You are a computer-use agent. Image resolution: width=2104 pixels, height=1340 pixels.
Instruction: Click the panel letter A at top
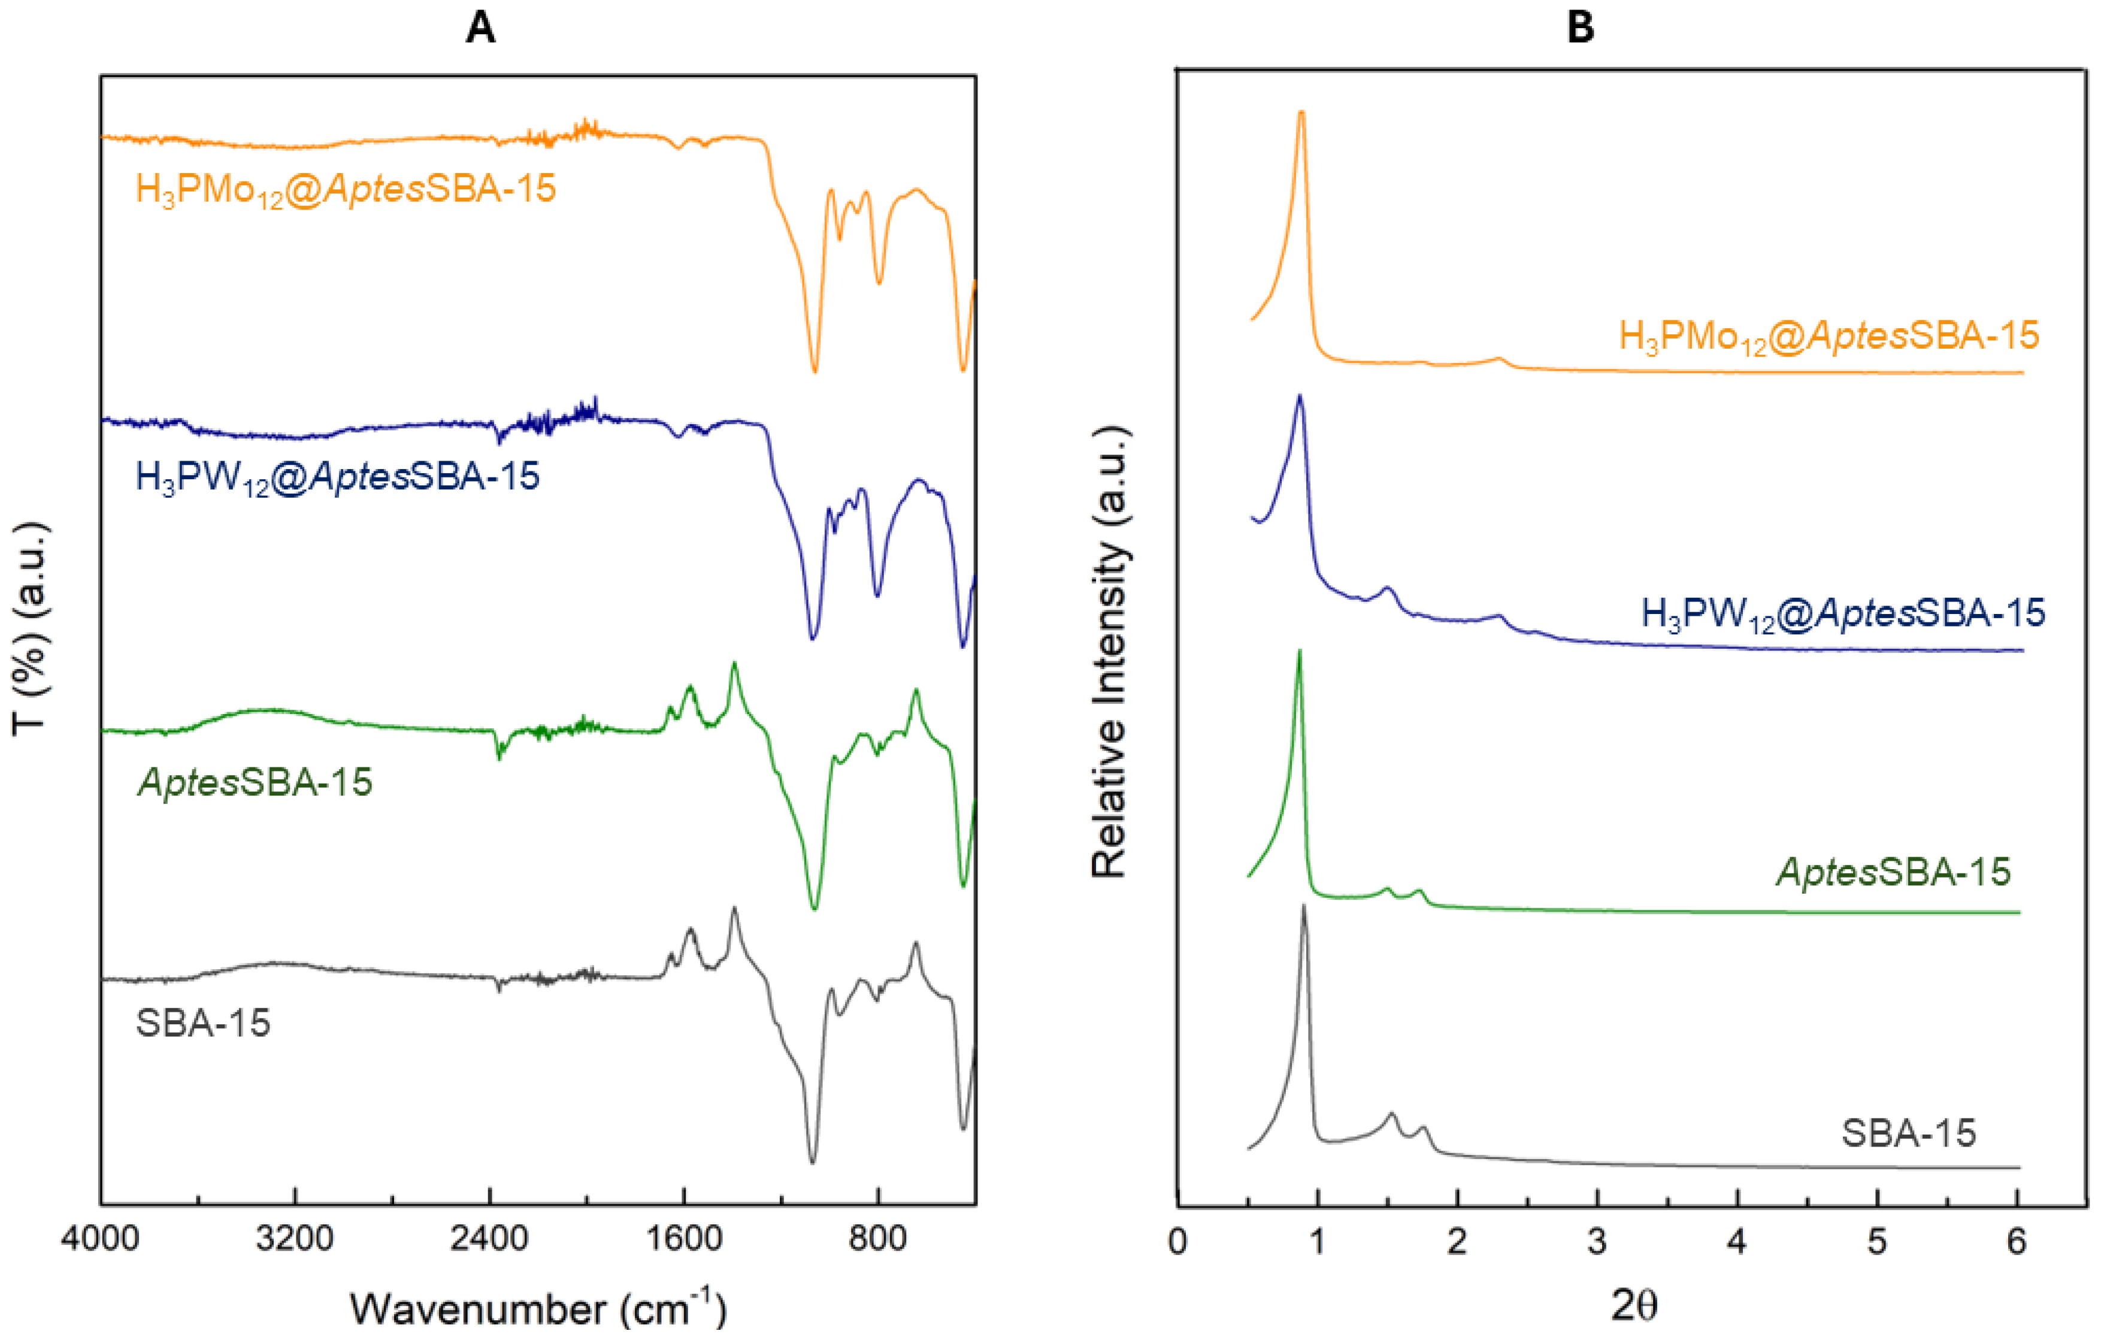[x=480, y=29]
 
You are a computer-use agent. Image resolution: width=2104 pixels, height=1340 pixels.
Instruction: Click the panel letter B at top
[x=1581, y=29]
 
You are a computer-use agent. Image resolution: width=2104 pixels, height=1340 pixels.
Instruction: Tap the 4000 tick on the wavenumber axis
[x=99, y=1239]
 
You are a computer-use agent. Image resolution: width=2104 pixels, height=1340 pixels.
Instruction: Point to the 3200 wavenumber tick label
[x=295, y=1239]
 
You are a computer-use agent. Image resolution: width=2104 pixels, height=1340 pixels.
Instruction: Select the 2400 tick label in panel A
[x=489, y=1239]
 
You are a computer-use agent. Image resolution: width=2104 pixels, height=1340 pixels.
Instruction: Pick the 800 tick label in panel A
[x=877, y=1239]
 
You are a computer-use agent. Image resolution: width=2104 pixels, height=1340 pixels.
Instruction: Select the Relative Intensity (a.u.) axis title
[x=1110, y=651]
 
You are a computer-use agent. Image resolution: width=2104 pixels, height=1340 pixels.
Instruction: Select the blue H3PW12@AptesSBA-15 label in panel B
[x=1843, y=613]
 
